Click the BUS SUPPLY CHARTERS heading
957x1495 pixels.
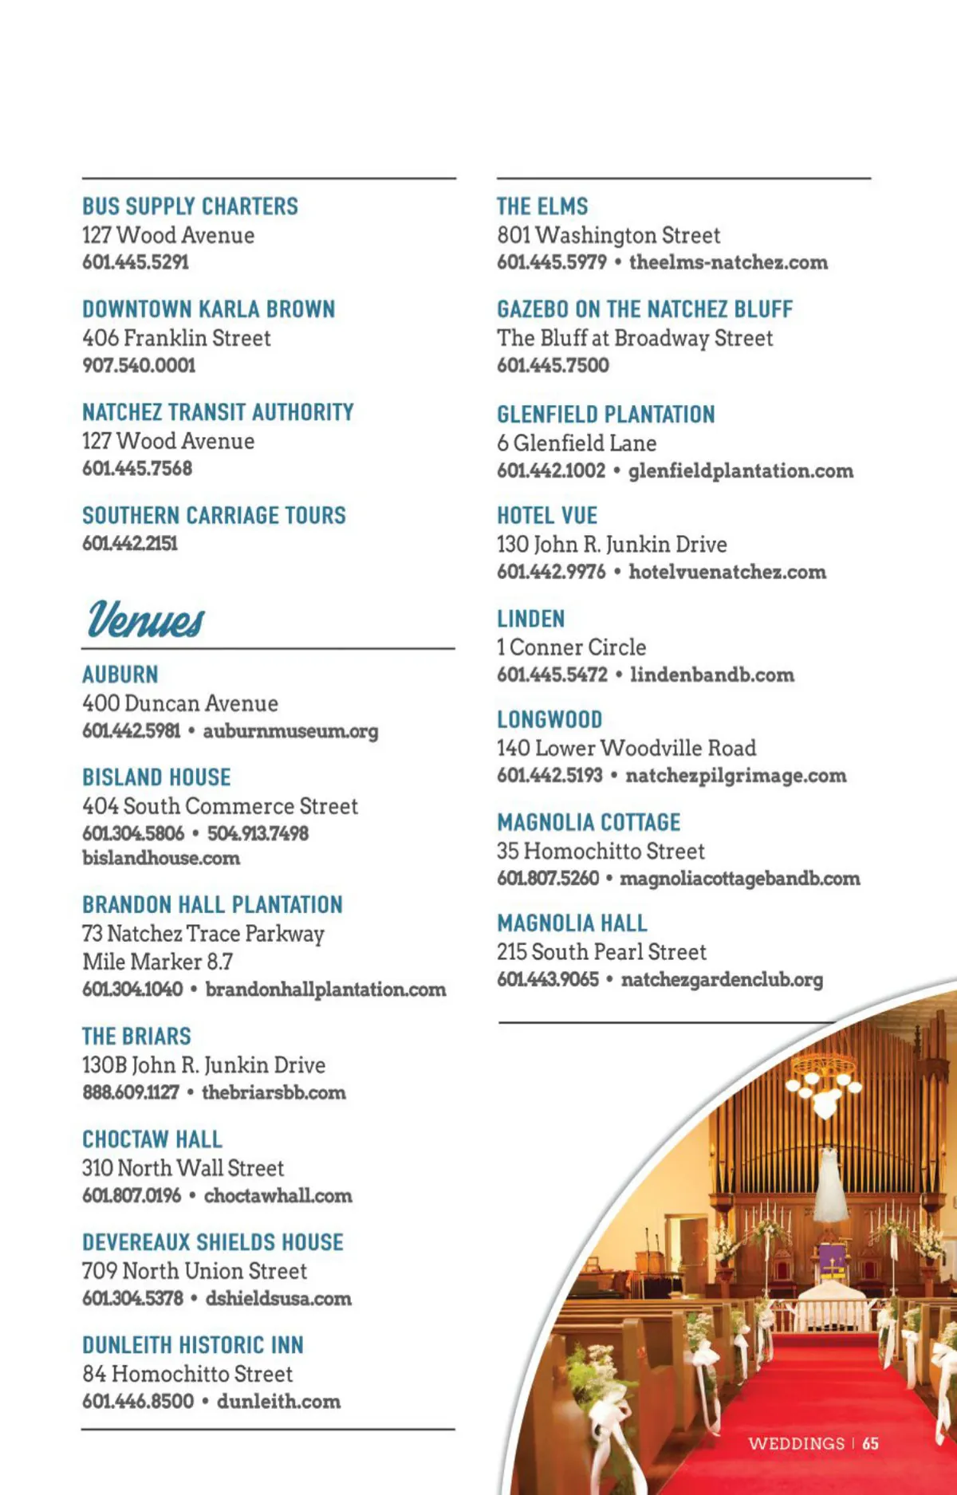190,207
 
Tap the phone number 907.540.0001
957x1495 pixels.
139,365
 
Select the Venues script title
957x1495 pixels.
146,619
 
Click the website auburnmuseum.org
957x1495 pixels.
290,731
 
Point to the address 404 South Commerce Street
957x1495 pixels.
220,806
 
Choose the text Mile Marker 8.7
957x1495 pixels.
158,962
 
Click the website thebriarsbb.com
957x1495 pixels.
274,1092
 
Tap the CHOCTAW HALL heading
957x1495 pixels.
152,1139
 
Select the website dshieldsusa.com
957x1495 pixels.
278,1298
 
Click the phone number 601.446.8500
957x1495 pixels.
138,1401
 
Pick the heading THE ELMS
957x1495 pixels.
542,207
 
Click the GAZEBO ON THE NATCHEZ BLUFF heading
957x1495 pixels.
644,309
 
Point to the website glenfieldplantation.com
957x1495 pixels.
740,470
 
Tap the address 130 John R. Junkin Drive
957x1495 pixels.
612,545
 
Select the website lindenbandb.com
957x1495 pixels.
711,675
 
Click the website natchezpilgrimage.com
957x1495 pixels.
735,776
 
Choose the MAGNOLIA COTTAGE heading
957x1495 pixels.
589,822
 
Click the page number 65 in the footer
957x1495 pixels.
870,1444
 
